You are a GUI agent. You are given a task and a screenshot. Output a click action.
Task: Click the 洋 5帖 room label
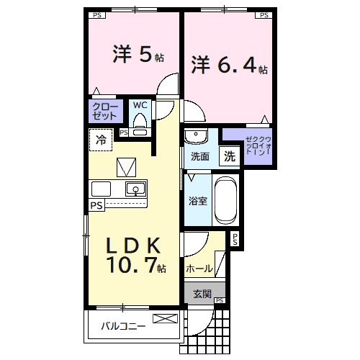click(134, 55)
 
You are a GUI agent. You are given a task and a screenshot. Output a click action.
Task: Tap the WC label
click(140, 105)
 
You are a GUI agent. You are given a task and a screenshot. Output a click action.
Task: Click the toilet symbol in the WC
click(140, 124)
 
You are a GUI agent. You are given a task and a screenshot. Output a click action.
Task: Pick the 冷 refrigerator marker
click(100, 140)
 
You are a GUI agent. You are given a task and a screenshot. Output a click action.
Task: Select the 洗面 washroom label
click(200, 156)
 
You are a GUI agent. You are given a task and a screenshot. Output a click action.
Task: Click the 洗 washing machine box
click(228, 156)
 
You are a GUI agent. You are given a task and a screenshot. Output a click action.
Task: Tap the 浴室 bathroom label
click(198, 201)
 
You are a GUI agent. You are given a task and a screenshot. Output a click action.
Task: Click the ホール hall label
click(199, 268)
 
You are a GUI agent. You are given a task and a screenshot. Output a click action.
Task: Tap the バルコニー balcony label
click(122, 325)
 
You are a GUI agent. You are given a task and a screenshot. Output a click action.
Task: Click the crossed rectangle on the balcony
click(164, 318)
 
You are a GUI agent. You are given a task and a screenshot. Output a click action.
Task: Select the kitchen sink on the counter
click(135, 189)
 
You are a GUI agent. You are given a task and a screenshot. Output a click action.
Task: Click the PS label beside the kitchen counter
click(96, 205)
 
